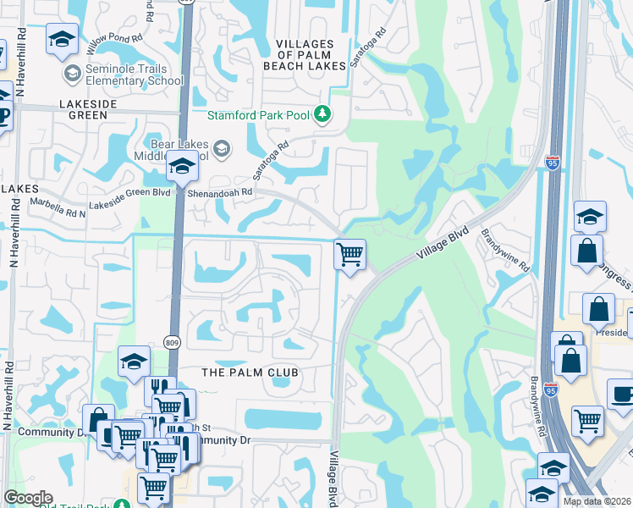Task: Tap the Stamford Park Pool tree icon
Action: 322,113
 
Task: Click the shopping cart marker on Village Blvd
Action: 350,253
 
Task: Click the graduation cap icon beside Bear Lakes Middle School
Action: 181,168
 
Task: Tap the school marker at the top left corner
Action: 63,39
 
